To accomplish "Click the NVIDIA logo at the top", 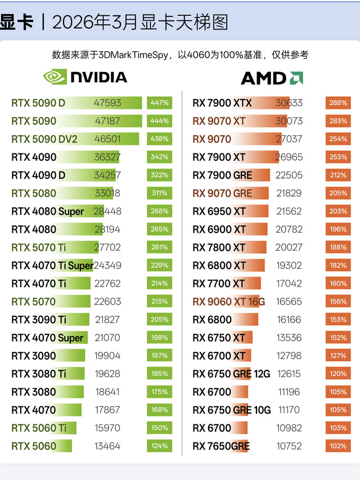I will click(85, 77).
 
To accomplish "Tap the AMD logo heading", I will click(272, 78).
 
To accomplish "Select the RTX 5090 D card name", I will click(38, 103).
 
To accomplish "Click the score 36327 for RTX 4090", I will click(107, 157).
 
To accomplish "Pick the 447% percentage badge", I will click(159, 103).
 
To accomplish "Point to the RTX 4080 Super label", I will click(47, 211).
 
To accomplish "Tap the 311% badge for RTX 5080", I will click(159, 193).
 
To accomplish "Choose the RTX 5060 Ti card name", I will click(39, 428).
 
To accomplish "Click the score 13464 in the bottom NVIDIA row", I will click(107, 446).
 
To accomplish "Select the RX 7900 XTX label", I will click(222, 103).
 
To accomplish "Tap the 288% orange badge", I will click(338, 103).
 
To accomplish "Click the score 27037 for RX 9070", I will click(289, 139).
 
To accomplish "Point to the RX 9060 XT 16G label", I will click(228, 301).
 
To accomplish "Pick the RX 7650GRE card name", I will click(221, 446).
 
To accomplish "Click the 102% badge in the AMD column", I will click(338, 446).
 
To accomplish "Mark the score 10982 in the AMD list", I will click(289, 428).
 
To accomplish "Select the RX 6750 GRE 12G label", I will click(231, 374).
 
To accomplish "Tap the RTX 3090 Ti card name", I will click(39, 319).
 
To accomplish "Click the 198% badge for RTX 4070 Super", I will click(159, 337).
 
